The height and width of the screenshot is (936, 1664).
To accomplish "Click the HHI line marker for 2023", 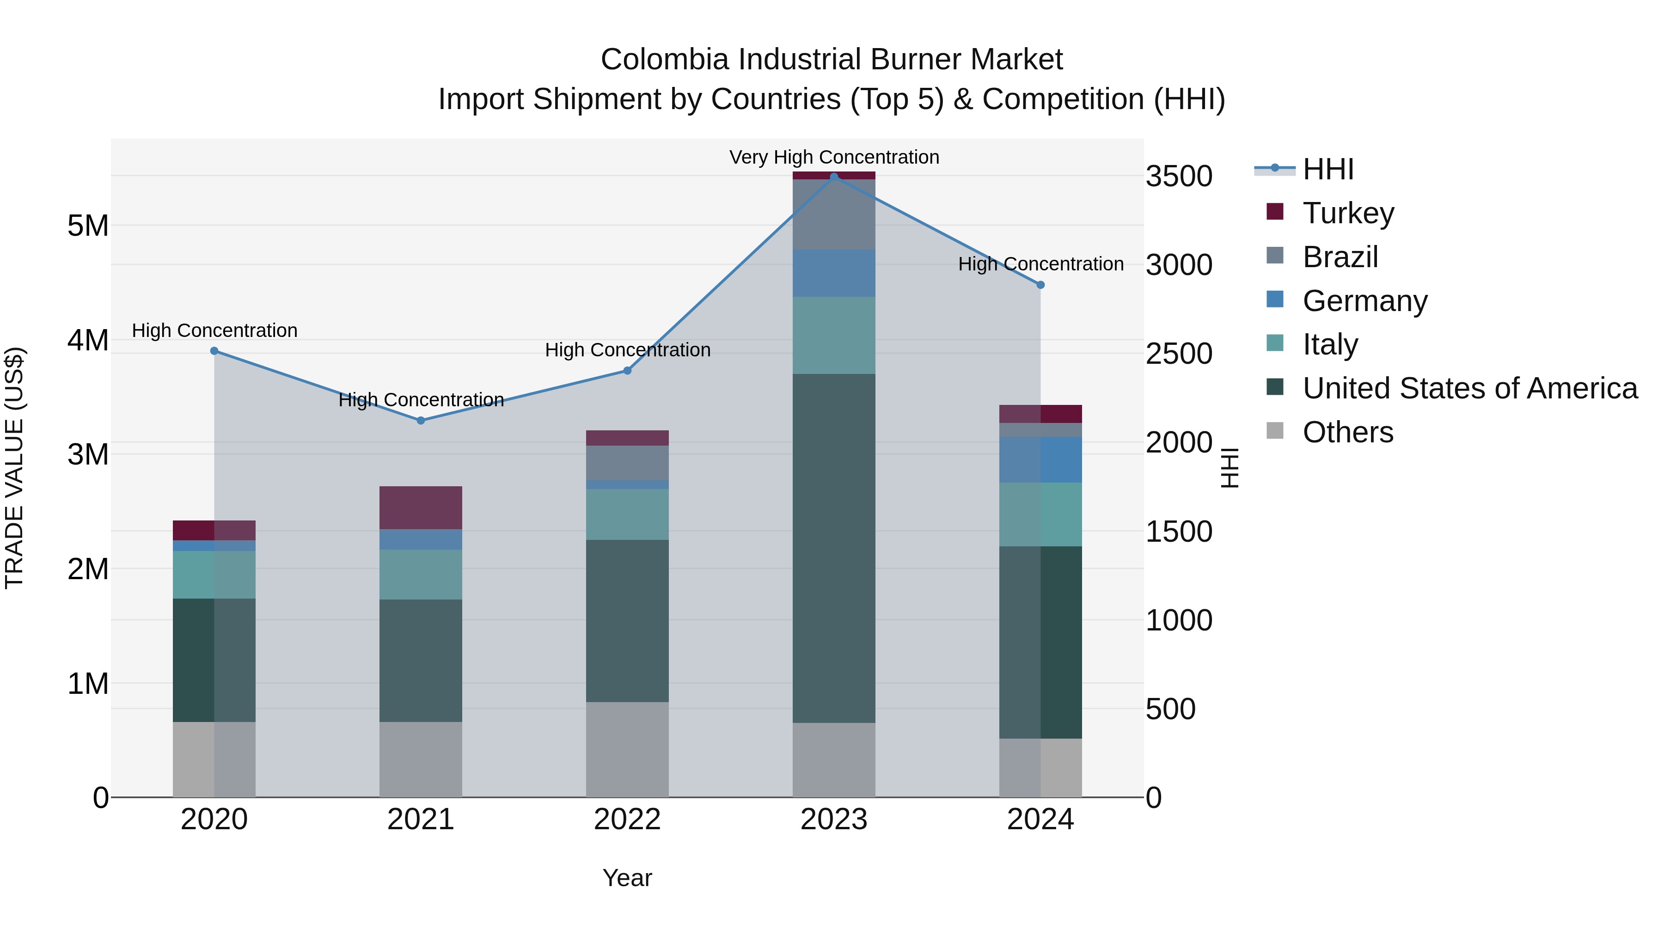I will (834, 177).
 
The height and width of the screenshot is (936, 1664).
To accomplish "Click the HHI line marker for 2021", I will (421, 421).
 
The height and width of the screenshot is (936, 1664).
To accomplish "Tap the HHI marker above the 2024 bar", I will (1040, 285).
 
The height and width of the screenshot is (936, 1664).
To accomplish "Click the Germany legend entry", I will (1364, 301).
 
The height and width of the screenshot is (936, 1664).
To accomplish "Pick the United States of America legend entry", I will (1469, 388).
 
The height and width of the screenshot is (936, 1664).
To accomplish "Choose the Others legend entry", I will (1347, 432).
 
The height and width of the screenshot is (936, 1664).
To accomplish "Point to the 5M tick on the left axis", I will (88, 226).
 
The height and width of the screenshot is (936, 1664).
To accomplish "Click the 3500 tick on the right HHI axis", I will (1179, 177).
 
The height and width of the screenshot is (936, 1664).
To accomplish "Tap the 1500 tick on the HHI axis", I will (1179, 532).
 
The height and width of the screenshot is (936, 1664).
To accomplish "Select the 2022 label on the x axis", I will (627, 820).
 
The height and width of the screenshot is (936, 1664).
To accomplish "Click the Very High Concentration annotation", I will (834, 157).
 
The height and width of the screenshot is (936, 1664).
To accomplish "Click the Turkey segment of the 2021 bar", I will (421, 508).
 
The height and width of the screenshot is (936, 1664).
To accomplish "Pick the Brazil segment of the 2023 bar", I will (834, 214).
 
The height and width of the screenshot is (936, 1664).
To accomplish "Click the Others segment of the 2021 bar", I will (421, 759).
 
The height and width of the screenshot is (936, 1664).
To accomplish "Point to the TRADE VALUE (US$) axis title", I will (14, 468).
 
